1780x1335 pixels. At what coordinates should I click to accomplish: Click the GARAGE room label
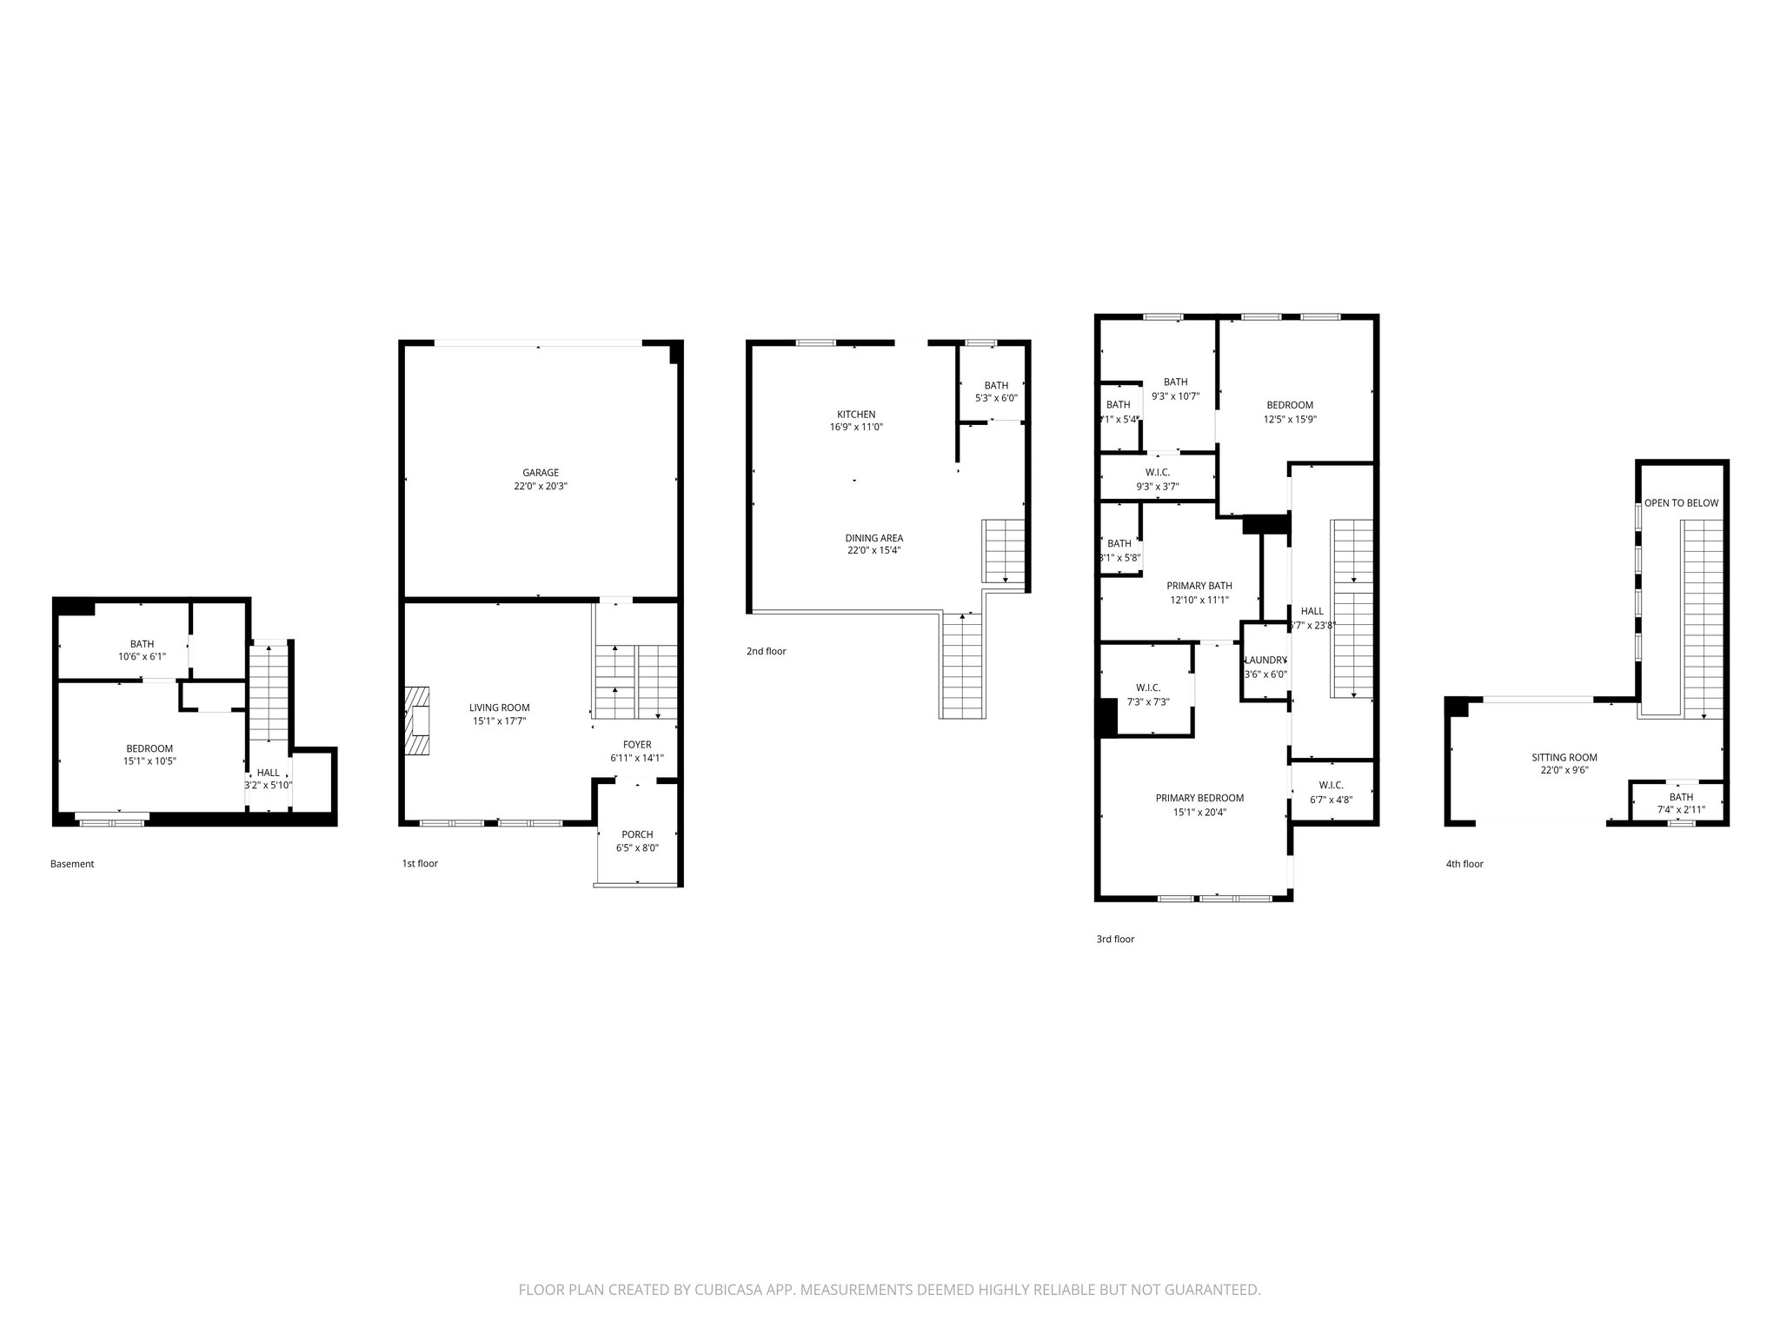click(x=541, y=473)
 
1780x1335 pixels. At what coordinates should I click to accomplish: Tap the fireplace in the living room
click(x=418, y=721)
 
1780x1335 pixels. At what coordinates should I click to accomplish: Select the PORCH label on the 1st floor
click(x=637, y=834)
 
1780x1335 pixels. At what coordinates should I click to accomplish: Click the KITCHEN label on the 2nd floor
click(x=856, y=415)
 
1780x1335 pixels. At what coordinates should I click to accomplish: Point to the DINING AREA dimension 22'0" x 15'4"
click(x=873, y=550)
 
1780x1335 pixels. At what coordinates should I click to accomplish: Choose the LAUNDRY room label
click(x=1265, y=660)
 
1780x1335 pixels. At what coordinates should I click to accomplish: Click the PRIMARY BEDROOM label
click(x=1199, y=798)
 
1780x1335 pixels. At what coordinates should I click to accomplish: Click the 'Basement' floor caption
click(x=72, y=864)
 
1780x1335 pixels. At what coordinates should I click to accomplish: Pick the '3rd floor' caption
click(x=1115, y=939)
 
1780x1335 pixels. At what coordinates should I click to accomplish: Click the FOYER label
click(x=637, y=745)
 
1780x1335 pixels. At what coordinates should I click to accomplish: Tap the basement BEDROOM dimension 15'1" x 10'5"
click(x=149, y=761)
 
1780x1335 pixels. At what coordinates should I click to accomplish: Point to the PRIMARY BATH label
click(x=1199, y=586)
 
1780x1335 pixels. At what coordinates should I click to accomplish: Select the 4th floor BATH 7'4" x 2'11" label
click(x=1681, y=797)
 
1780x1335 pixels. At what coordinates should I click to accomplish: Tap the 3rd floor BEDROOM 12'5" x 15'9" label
click(x=1290, y=405)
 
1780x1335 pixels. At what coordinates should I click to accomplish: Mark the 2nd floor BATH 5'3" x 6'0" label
click(x=996, y=385)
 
